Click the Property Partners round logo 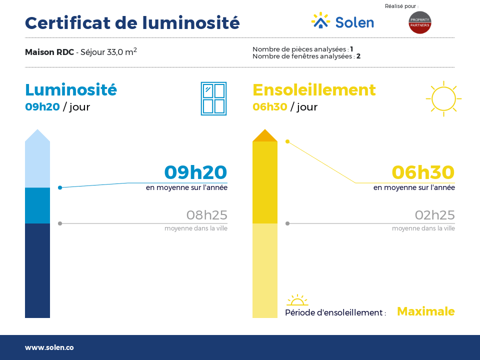pyautogui.click(x=419, y=22)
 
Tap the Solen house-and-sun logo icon pyautogui.click(x=320, y=20)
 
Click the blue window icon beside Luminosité pyautogui.click(x=213, y=98)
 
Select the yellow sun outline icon pyautogui.click(x=443, y=98)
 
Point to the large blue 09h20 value pyautogui.click(x=195, y=172)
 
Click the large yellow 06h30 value pyautogui.click(x=423, y=172)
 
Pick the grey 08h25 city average pyautogui.click(x=207, y=215)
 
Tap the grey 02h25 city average pyautogui.click(x=434, y=215)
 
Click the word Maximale pyautogui.click(x=426, y=311)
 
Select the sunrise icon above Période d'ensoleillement pyautogui.click(x=297, y=300)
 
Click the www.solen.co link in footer pyautogui.click(x=49, y=347)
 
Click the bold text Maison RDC pyautogui.click(x=49, y=52)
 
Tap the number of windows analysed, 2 pyautogui.click(x=358, y=56)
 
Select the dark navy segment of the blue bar pyautogui.click(x=37, y=270)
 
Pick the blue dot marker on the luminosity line pyautogui.click(x=60, y=187)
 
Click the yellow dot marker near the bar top pyautogui.click(x=287, y=141)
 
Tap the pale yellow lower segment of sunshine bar pyautogui.click(x=265, y=270)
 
